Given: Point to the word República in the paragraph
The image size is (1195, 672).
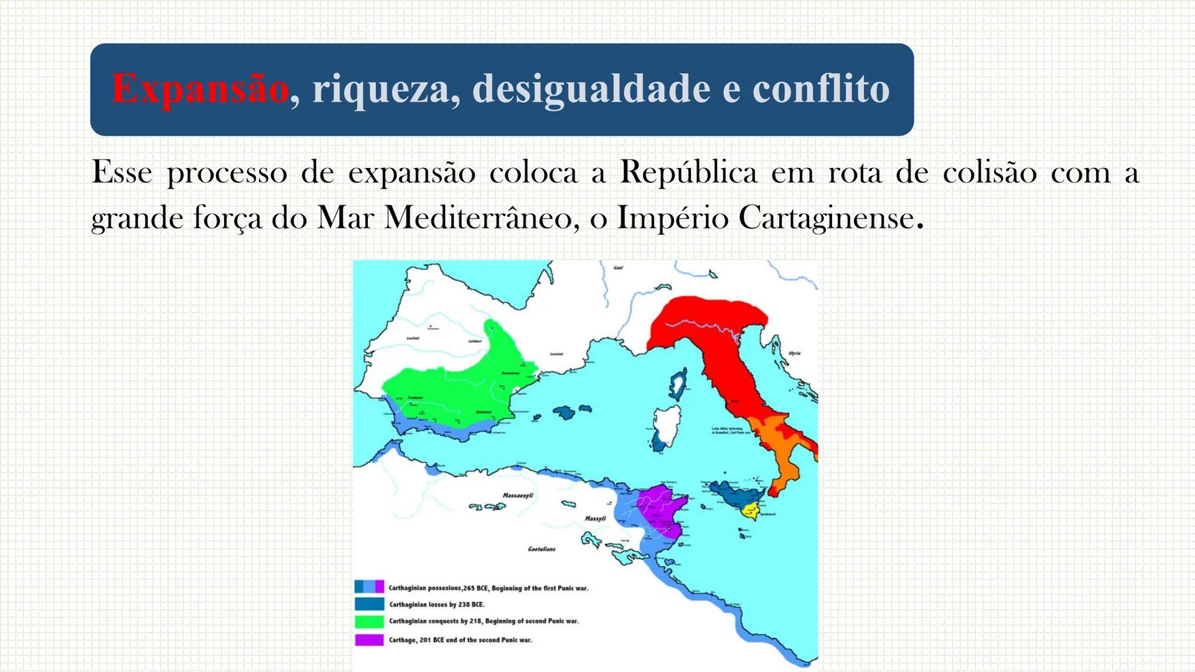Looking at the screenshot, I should pyautogui.click(x=688, y=172).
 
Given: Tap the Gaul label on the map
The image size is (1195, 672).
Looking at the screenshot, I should pyautogui.click(x=618, y=268).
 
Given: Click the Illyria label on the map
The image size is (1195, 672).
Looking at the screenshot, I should pyautogui.click(x=794, y=353).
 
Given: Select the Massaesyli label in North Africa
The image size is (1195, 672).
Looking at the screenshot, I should pyautogui.click(x=518, y=496).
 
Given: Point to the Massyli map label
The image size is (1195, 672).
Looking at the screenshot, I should pyautogui.click(x=596, y=518).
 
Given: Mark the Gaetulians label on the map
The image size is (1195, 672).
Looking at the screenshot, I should pyautogui.click(x=541, y=549).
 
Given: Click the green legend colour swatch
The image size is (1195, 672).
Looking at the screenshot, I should pyautogui.click(x=369, y=622).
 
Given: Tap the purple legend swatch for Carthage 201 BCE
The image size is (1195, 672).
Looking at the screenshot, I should pyautogui.click(x=369, y=640).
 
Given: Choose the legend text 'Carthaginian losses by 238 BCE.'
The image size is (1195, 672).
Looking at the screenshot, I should pyautogui.click(x=436, y=604).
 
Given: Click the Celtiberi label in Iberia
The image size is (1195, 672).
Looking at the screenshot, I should pyautogui.click(x=475, y=341).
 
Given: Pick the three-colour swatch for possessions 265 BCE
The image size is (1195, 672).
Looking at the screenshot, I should pyautogui.click(x=369, y=587).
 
